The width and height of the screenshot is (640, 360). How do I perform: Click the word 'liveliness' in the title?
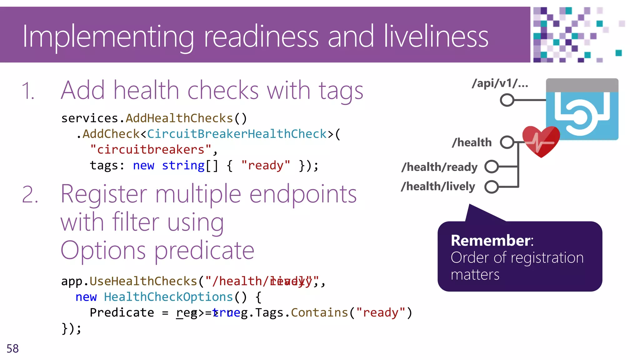(x=436, y=37)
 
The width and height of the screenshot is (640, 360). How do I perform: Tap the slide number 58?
(x=12, y=348)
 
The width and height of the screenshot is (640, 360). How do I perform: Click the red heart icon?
(x=541, y=141)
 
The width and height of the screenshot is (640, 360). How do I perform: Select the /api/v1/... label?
(x=500, y=83)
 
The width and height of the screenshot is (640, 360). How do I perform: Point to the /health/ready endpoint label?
(x=439, y=167)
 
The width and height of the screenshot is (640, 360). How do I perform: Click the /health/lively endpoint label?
(x=438, y=187)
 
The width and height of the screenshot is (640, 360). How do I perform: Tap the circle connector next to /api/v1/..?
(x=507, y=100)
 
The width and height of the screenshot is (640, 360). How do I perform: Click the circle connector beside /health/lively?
(x=492, y=187)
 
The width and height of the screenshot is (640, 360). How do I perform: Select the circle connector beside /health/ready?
(x=492, y=167)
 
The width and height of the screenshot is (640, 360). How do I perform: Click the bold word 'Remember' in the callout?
(x=491, y=241)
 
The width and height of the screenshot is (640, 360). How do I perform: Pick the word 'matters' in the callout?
(x=475, y=275)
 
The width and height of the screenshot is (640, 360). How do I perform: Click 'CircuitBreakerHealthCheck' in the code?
(x=237, y=134)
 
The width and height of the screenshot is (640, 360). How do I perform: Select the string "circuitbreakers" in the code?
(x=151, y=150)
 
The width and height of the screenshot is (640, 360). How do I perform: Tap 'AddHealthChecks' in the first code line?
(x=179, y=118)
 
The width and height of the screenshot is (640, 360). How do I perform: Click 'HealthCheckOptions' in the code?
(x=168, y=297)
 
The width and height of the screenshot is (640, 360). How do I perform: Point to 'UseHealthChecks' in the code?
(x=143, y=281)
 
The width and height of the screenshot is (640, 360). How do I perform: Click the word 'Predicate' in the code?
(x=122, y=312)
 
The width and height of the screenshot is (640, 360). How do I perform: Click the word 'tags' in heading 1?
(x=341, y=91)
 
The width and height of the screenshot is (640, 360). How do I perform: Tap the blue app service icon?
(x=582, y=109)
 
